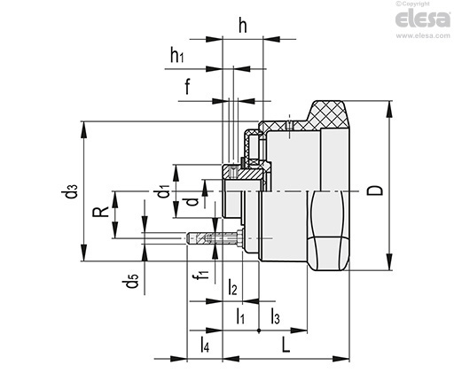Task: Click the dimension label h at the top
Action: [x=243, y=26]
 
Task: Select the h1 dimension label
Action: [x=177, y=55]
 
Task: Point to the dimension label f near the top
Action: [x=187, y=86]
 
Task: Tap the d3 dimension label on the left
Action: [x=69, y=191]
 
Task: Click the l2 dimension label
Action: [x=232, y=287]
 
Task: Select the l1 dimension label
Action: [x=240, y=315]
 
